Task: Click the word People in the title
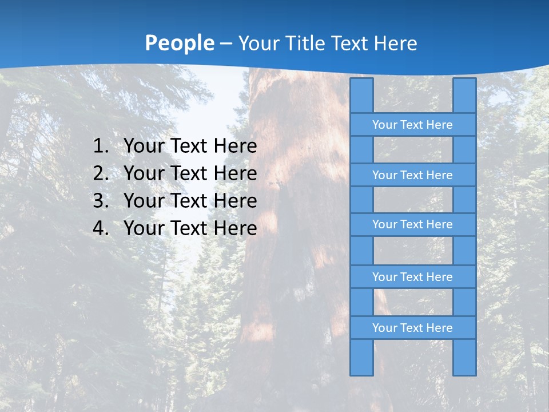[x=180, y=43]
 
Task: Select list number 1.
[x=100, y=146]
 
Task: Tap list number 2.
[x=100, y=174]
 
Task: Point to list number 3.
[x=100, y=201]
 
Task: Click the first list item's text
[x=190, y=146]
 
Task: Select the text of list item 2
[x=190, y=174]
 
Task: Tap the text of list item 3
[x=190, y=201]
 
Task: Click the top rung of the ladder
[x=412, y=125]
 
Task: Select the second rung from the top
[x=412, y=175]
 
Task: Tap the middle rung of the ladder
[x=412, y=225]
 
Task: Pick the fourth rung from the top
[x=412, y=277]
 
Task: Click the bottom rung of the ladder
[x=412, y=328]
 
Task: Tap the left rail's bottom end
[x=361, y=373]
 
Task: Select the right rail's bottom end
[x=464, y=373]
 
